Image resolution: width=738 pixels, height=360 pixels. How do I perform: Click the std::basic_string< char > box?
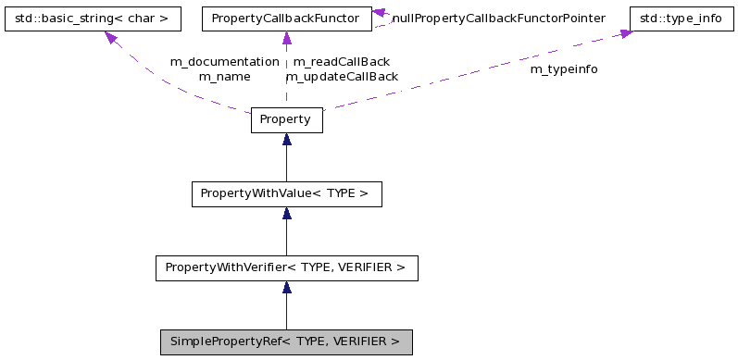click(x=92, y=18)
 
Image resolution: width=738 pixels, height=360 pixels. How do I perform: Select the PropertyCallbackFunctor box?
click(x=286, y=18)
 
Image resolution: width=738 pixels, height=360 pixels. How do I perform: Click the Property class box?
click(x=286, y=120)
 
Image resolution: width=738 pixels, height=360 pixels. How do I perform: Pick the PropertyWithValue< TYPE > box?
click(x=286, y=194)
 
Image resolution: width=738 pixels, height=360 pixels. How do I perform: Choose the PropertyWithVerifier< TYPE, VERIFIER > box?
click(x=286, y=268)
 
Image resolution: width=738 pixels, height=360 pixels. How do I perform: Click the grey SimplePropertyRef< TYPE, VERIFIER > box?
click(x=286, y=342)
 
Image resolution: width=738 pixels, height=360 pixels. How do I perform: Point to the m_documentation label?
click(x=224, y=61)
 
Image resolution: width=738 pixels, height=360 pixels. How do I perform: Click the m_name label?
click(x=224, y=77)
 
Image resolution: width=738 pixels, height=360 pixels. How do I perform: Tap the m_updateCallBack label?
click(x=342, y=77)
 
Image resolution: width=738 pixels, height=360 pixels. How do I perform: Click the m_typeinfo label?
click(x=563, y=69)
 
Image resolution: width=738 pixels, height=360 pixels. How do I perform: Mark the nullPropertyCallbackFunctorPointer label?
click(x=498, y=18)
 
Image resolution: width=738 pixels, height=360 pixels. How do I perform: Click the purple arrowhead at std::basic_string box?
click(x=110, y=38)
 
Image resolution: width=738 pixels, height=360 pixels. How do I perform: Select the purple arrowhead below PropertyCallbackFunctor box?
click(x=286, y=39)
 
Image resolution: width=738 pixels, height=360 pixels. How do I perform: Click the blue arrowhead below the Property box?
click(x=286, y=140)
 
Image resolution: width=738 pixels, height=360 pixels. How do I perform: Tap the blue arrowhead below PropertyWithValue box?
click(x=286, y=214)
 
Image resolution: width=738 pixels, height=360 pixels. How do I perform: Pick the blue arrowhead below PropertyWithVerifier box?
click(x=286, y=288)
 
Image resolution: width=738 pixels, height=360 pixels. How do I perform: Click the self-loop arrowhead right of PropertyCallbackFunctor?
click(x=379, y=14)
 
